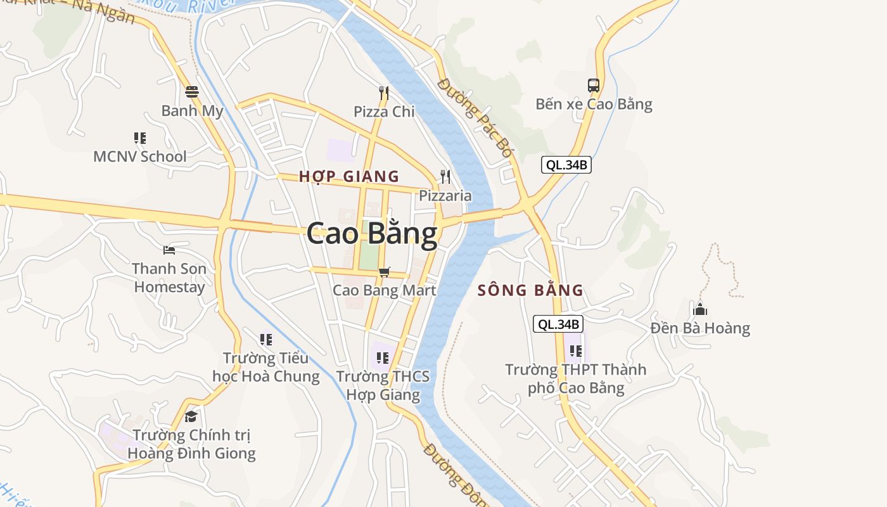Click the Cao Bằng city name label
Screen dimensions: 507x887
pos(372,234)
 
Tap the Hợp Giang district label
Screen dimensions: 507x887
pos(349,176)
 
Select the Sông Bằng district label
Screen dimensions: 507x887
pos(530,290)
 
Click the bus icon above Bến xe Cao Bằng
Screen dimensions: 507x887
pos(594,86)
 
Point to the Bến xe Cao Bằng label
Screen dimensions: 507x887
pos(594,104)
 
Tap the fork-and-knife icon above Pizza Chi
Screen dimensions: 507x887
pos(383,93)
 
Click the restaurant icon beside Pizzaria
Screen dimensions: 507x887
pos(445,177)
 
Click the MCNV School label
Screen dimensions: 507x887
pos(140,157)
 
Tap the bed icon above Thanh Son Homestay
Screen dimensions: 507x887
pos(169,250)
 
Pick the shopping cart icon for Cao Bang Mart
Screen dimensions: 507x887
pos(385,272)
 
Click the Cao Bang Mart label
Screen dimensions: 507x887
pos(385,290)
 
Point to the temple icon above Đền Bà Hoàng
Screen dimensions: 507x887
pos(700,309)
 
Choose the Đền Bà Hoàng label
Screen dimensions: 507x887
pos(700,328)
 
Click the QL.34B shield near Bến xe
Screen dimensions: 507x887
pos(566,165)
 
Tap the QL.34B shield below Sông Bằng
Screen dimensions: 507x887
pos(558,324)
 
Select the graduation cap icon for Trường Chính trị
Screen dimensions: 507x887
pos(191,416)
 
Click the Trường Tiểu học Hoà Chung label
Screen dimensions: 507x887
pos(266,368)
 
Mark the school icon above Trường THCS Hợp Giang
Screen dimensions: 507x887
pos(382,358)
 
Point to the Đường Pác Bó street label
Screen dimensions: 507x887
pos(475,118)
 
